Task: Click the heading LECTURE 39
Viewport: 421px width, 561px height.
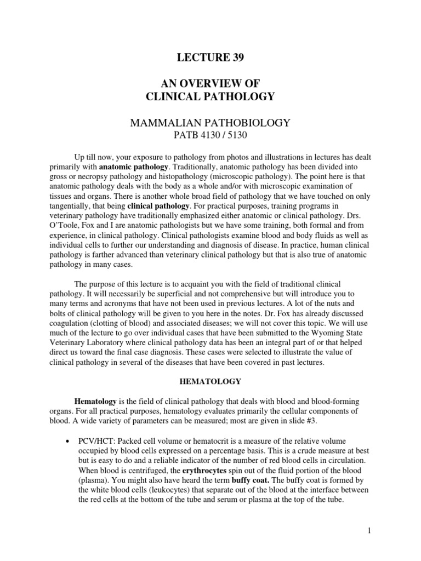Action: click(210, 56)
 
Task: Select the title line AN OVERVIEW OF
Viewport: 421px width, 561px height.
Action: click(210, 83)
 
